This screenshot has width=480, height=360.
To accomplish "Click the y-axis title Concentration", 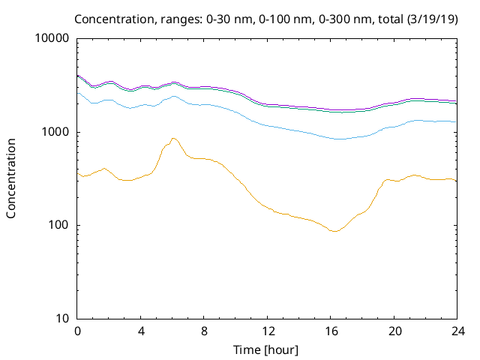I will (11, 178).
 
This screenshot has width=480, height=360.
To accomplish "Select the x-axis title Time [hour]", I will (267, 350).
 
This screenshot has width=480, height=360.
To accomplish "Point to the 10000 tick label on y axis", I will (52, 39).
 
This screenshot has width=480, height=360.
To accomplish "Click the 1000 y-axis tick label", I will (55, 132).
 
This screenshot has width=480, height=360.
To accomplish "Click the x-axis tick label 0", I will (77, 331).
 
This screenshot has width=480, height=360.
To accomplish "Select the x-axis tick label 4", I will (140, 331).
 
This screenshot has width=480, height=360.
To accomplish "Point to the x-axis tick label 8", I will (204, 331).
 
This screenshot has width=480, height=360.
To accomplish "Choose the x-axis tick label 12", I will (267, 331).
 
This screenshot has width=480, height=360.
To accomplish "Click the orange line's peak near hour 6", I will (173, 138).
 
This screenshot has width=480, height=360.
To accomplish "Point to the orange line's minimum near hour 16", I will (334, 232).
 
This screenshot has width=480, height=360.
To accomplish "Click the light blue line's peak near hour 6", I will (173, 96).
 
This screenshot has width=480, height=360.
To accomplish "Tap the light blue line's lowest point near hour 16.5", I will (340, 139).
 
